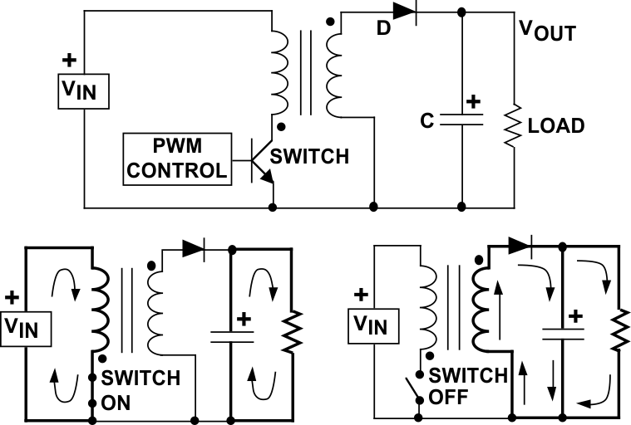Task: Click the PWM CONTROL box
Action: (x=175, y=158)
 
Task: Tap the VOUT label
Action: (x=547, y=32)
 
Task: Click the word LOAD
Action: (x=556, y=126)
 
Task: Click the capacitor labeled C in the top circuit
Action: (x=461, y=120)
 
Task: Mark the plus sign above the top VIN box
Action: (x=69, y=61)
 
